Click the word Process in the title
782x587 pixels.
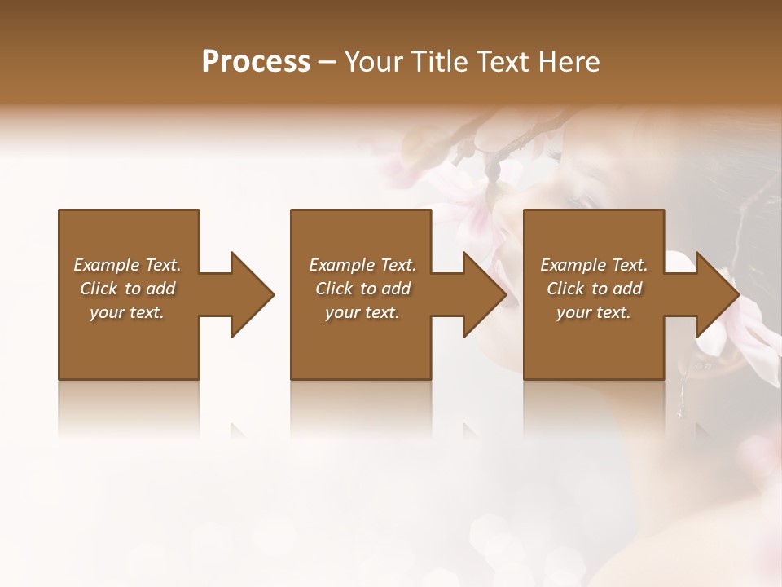click(x=256, y=62)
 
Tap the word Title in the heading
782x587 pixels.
click(x=440, y=62)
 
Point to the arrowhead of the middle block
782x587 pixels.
click(x=484, y=294)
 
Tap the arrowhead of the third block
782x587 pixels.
click(x=716, y=294)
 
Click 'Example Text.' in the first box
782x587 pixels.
click(x=127, y=265)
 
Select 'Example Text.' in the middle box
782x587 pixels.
click(x=362, y=265)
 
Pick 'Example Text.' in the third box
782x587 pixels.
click(x=594, y=265)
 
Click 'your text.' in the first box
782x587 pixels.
click(x=127, y=312)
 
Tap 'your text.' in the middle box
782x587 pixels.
click(x=362, y=312)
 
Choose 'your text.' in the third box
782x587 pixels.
click(x=594, y=312)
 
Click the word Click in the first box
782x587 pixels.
click(x=99, y=289)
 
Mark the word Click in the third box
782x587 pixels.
click(x=565, y=289)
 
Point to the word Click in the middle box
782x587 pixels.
click(x=334, y=289)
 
